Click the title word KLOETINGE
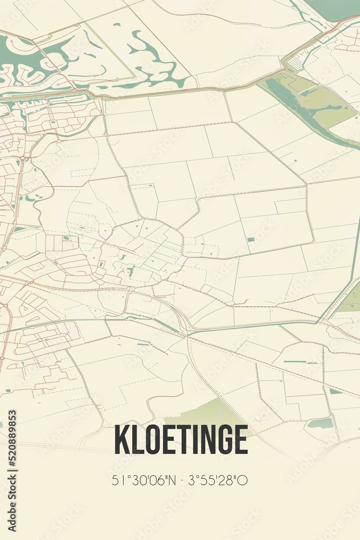180,440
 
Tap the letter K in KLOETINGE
121,440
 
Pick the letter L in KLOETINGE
135,440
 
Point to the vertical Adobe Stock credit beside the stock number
12,502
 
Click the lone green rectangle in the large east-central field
250,239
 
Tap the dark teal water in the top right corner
329,8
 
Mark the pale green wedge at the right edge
352,300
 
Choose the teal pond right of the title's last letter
321,423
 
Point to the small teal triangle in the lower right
335,391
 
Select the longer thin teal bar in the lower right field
295,362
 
